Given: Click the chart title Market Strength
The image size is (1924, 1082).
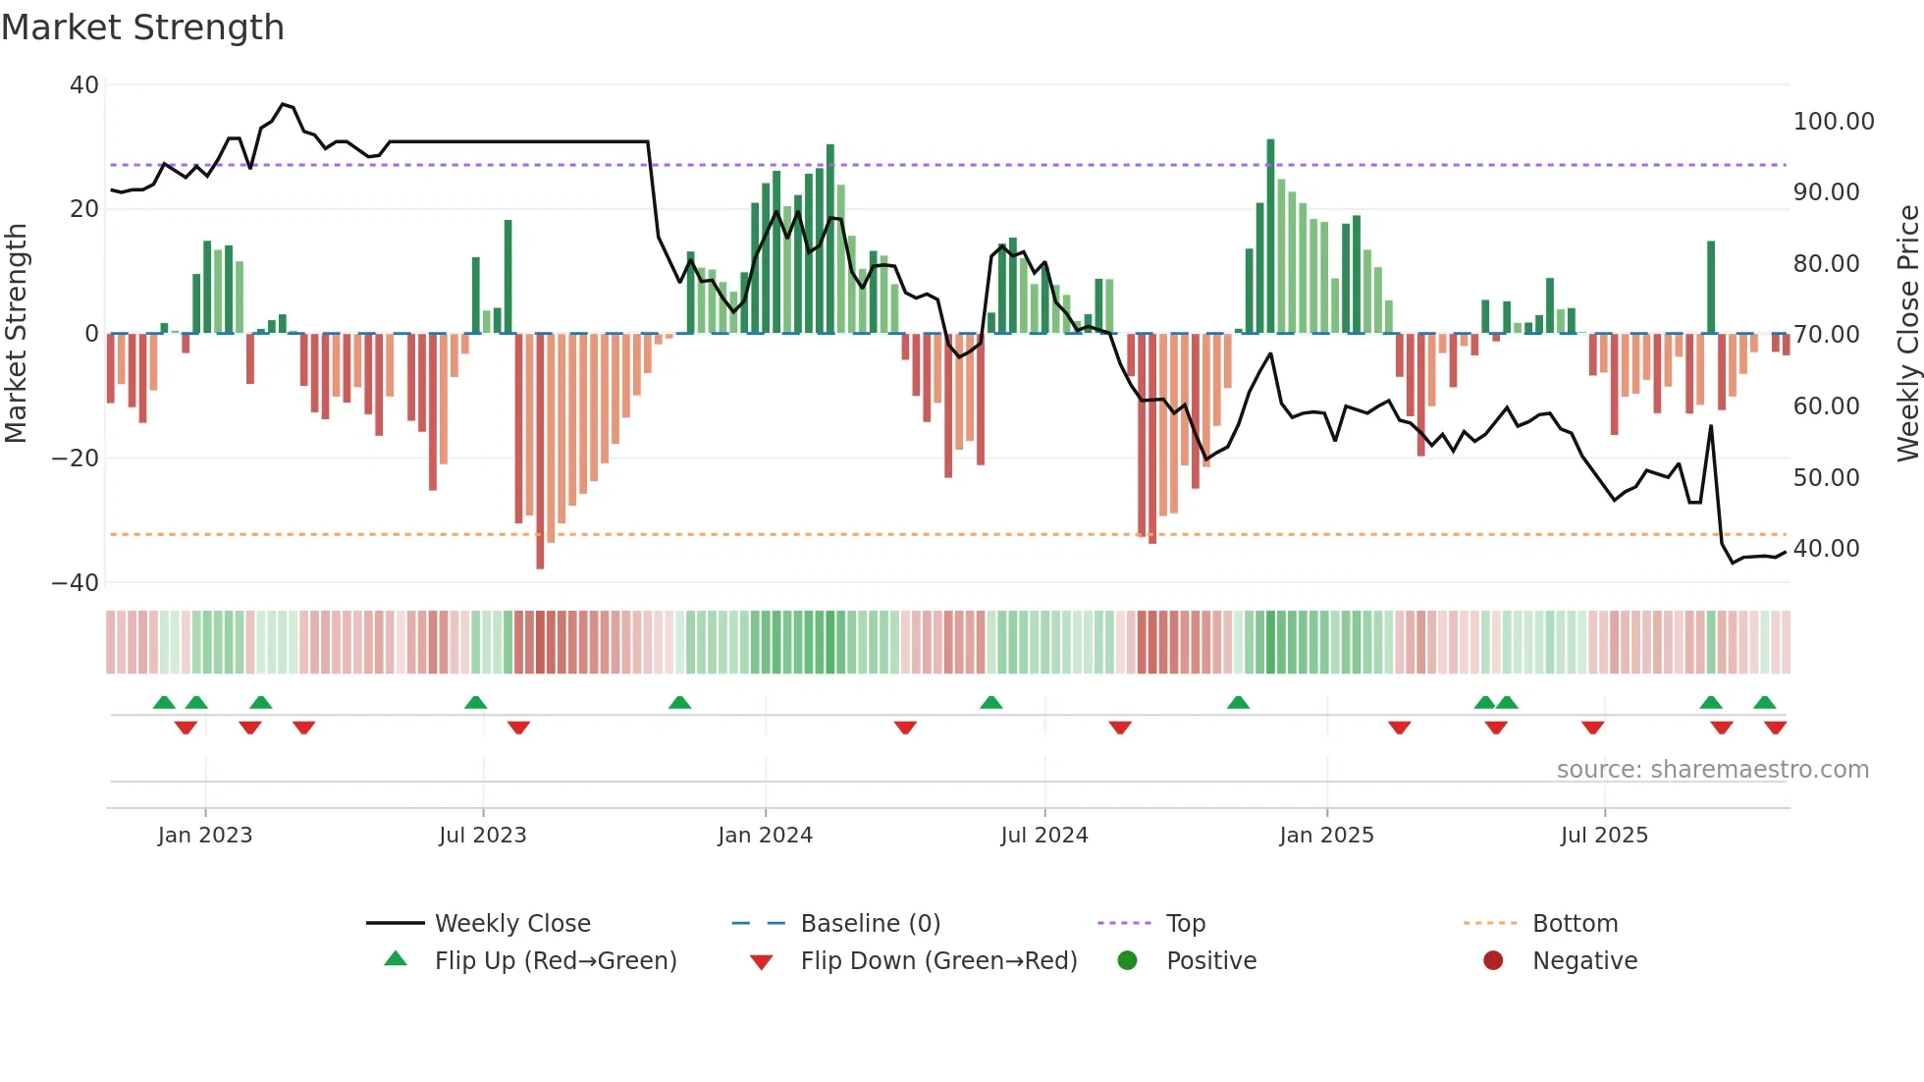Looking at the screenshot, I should click(x=142, y=27).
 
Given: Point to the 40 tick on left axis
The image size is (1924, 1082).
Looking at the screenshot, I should click(x=84, y=85).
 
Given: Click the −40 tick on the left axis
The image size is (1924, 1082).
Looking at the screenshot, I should click(x=76, y=583).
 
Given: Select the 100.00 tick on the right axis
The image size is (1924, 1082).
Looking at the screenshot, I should click(x=1833, y=122).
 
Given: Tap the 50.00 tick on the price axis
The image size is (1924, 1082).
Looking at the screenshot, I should click(x=1826, y=478).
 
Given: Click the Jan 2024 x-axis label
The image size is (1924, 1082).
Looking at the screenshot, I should click(x=765, y=836).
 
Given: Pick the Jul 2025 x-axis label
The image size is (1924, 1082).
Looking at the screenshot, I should click(x=1604, y=836).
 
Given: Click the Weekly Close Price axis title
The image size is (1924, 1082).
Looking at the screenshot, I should click(x=1907, y=334).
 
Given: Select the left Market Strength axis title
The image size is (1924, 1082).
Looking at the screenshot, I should click(x=17, y=334).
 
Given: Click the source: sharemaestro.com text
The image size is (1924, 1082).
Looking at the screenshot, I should click(x=1712, y=770).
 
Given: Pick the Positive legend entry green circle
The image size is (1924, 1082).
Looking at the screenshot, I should click(x=1127, y=961).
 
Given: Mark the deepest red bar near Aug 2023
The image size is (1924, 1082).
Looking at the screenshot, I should click(x=540, y=452).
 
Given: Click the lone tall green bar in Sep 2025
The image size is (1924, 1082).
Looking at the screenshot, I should click(x=1711, y=287).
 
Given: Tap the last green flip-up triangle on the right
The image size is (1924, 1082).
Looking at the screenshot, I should click(x=1764, y=703).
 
